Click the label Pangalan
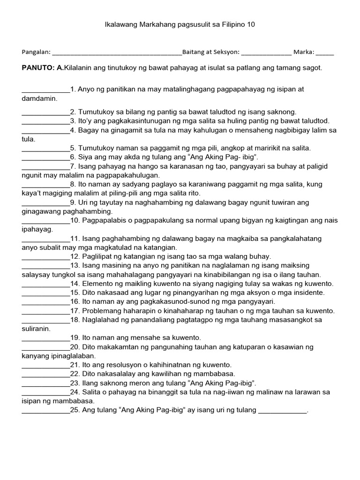36,52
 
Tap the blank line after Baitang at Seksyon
266,53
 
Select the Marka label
305,52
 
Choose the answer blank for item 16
45,302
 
